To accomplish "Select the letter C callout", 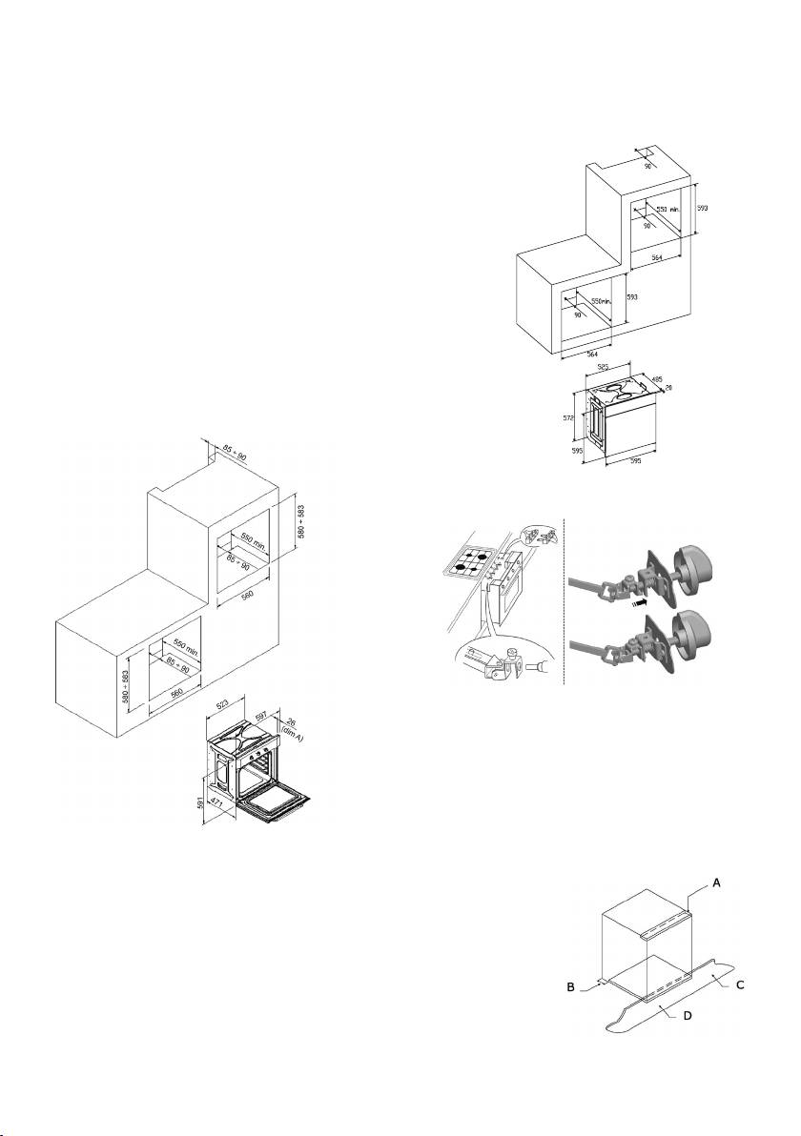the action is pos(739,981).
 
